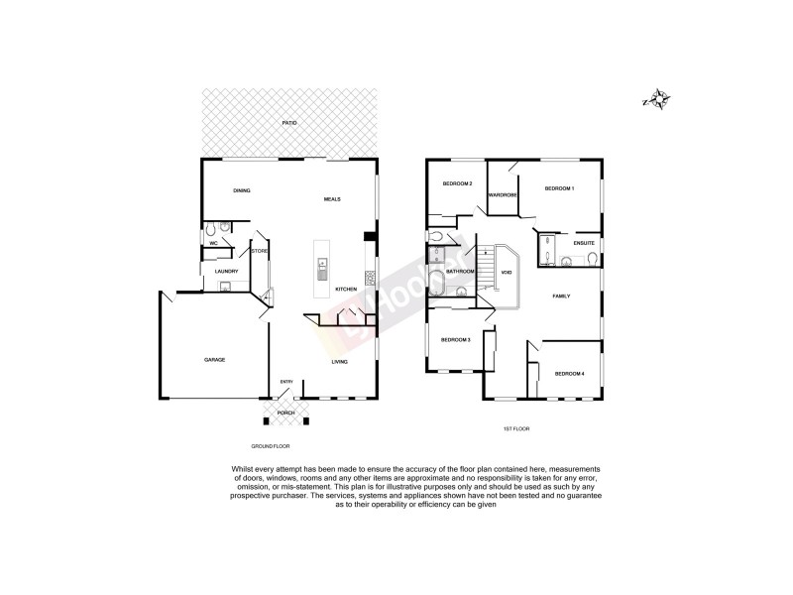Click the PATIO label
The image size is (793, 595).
click(289, 123)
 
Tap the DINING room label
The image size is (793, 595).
click(241, 190)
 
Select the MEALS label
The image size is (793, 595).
click(332, 199)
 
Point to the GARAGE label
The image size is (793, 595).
click(214, 359)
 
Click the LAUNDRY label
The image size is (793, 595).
click(226, 270)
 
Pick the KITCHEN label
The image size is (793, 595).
click(345, 289)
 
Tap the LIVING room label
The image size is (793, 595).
click(339, 362)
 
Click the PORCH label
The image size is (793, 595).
click(285, 413)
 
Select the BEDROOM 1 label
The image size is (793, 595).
click(560, 187)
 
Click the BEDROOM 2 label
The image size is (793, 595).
click(457, 184)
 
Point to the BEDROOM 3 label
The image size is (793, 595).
click(455, 340)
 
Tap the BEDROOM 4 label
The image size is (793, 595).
click(569, 373)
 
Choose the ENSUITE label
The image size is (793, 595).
click(584, 242)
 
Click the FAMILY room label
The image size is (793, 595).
click(561, 297)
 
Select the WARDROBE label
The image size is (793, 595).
click(504, 194)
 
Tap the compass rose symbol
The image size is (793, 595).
click(657, 99)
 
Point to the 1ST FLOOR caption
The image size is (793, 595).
click(516, 429)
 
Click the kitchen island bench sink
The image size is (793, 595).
click(323, 266)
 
